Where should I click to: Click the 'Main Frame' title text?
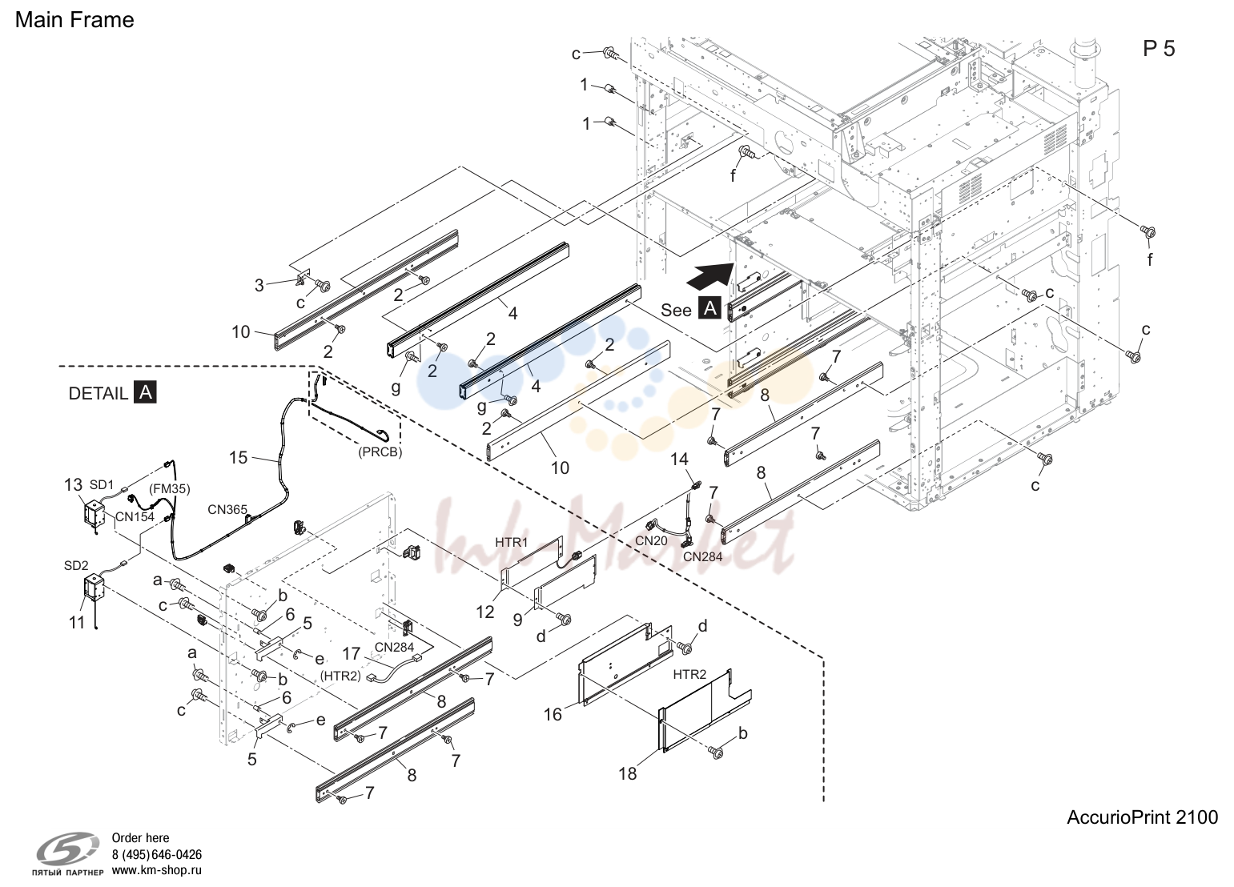click(74, 20)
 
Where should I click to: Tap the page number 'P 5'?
click(1159, 49)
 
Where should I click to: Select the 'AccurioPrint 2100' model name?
click(1143, 817)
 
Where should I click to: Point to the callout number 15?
click(239, 458)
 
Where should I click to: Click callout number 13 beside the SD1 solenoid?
click(73, 485)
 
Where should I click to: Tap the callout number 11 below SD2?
click(77, 623)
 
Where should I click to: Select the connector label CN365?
click(227, 510)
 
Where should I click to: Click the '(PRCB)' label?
click(380, 452)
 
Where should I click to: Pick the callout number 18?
click(628, 773)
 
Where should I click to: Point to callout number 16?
click(553, 714)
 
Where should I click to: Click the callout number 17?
click(351, 653)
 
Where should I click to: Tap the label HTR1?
click(511, 542)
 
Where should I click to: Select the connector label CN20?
click(651, 540)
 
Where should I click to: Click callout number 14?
click(679, 459)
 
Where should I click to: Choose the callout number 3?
click(259, 285)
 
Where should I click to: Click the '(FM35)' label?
click(170, 489)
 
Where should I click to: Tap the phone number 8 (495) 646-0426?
click(157, 855)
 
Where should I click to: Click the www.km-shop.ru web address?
click(157, 870)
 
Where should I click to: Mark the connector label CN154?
click(135, 517)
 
